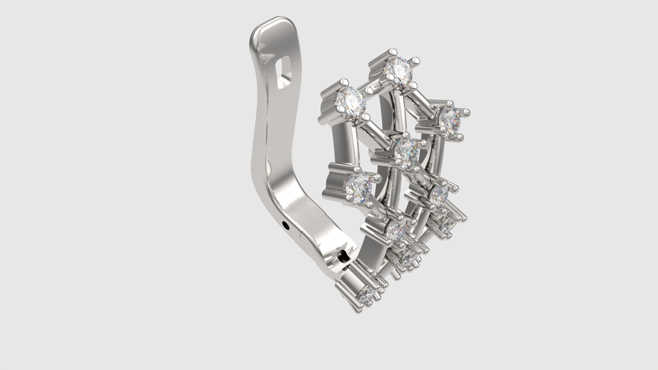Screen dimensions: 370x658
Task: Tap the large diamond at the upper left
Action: point(350,100)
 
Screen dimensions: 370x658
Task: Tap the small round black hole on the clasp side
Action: point(285,225)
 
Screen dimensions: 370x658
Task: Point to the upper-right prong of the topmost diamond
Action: point(416,61)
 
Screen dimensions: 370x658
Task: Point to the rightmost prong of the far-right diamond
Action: point(466,112)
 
